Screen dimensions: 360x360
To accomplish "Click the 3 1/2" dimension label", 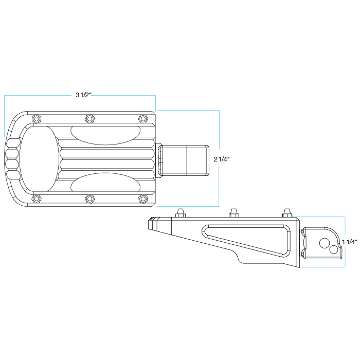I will click(83, 95).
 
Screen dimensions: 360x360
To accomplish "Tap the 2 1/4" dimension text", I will click(221, 159).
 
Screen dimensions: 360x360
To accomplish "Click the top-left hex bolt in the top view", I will click(36, 119).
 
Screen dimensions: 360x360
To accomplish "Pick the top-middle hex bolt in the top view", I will click(89, 119).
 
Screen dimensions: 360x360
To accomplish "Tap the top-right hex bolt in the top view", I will click(143, 119).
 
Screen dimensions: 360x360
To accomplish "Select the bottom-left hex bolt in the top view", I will click(36, 198).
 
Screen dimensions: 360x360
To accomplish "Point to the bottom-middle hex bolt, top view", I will click(89, 198).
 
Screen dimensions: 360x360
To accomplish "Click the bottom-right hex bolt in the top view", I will click(143, 198).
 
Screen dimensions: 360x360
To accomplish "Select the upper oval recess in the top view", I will click(105, 135).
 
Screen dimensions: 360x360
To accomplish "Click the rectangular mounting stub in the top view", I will click(183, 160).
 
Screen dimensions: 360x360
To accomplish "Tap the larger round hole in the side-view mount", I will click(325, 243).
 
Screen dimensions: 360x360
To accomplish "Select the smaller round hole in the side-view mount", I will click(333, 249).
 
